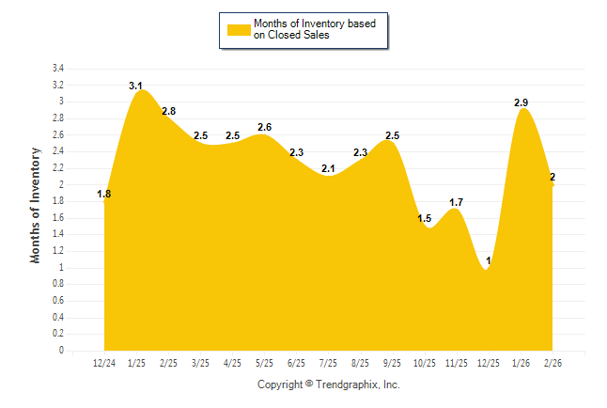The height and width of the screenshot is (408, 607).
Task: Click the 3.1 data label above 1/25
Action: point(135,86)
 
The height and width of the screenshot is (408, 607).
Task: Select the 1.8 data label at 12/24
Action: point(104,195)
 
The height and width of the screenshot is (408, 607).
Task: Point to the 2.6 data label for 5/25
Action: point(265,127)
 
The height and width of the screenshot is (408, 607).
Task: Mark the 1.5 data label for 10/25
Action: point(425,218)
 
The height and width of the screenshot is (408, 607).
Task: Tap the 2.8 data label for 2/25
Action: point(169,111)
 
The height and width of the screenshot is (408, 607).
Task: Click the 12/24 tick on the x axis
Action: point(104,363)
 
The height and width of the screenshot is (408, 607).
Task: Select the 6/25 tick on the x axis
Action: point(297,363)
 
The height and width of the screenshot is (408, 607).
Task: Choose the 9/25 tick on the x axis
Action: point(393,363)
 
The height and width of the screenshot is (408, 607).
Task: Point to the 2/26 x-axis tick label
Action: point(553,363)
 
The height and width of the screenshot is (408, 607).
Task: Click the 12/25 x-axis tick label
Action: point(490,363)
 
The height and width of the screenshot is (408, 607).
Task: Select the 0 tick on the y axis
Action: point(61,351)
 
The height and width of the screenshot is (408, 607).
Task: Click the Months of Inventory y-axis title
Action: point(36,205)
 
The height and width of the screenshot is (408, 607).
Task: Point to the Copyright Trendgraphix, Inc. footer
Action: point(329,384)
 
